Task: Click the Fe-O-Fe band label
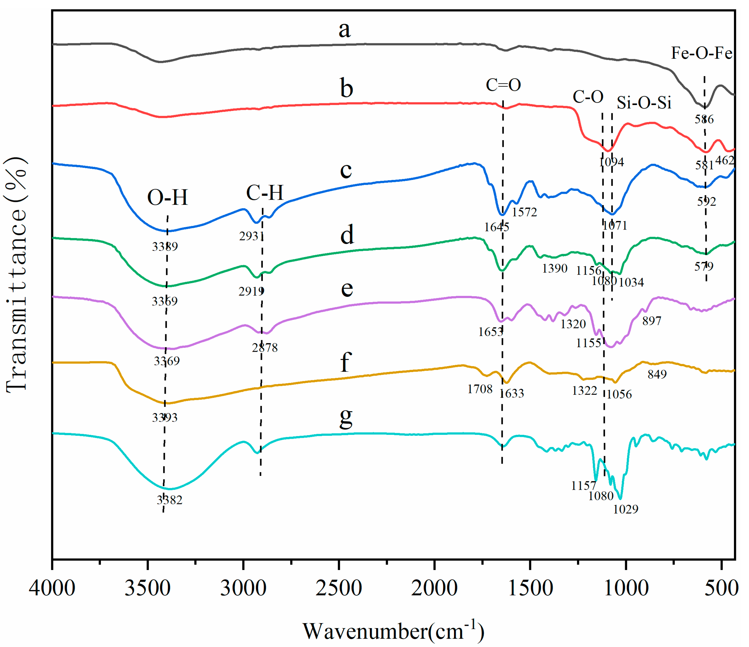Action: click(701, 53)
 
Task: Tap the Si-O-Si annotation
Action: click(644, 103)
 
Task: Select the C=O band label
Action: click(503, 85)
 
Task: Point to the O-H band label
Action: click(168, 198)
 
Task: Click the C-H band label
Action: click(265, 193)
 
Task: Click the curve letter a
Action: click(345, 29)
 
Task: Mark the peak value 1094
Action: click(611, 162)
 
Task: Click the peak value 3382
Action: click(170, 500)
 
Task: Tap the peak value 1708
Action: click(480, 389)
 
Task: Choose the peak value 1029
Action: click(625, 509)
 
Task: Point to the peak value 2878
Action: click(265, 348)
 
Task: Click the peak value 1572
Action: click(524, 212)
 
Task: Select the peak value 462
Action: click(725, 160)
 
